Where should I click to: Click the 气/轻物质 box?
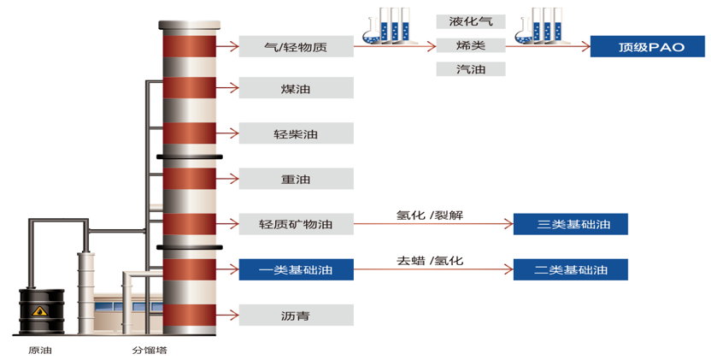click(296, 46)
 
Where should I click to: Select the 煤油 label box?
click(296, 88)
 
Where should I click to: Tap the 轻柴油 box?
click(296, 133)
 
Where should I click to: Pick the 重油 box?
click(296, 179)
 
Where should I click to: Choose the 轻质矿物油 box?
click(296, 225)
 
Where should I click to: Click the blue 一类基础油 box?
click(296, 270)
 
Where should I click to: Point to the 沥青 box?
click(296, 316)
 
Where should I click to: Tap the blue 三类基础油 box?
click(570, 225)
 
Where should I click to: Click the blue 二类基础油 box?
click(570, 269)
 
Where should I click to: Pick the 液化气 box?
click(470, 21)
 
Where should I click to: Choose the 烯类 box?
click(470, 45)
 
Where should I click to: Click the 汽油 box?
click(470, 69)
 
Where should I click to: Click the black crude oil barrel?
click(40, 316)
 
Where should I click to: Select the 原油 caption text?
click(40, 350)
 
